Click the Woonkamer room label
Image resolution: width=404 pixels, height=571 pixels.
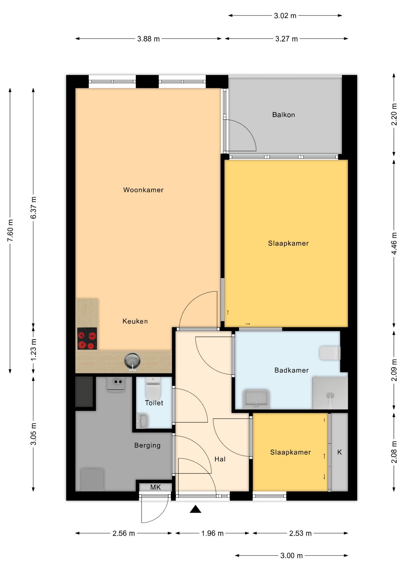click(x=143, y=190)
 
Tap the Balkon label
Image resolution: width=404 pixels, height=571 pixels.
click(x=284, y=115)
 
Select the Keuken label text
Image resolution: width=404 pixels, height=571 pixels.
click(x=135, y=321)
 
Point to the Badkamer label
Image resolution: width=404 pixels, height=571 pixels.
click(x=292, y=370)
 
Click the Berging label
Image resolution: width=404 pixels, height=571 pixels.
click(x=147, y=445)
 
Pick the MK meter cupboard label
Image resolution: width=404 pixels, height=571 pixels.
click(x=156, y=487)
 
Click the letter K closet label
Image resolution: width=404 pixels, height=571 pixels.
click(x=339, y=452)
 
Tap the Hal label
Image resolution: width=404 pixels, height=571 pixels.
click(x=220, y=459)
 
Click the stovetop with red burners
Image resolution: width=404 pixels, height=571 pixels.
click(x=87, y=338)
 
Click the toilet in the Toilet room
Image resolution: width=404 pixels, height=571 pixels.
click(x=153, y=388)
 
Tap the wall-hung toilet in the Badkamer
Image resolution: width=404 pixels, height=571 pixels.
click(x=330, y=353)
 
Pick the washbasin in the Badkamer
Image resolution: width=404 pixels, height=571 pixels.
click(x=256, y=399)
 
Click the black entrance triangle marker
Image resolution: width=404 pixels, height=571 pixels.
click(x=195, y=509)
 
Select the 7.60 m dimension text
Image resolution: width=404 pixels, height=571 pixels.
click(x=10, y=230)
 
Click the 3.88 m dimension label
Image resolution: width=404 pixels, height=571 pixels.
click(x=148, y=39)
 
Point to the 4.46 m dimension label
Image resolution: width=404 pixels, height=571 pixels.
click(x=394, y=243)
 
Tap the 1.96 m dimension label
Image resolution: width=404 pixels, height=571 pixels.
click(x=212, y=533)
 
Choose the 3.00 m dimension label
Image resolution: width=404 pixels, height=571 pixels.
click(x=292, y=556)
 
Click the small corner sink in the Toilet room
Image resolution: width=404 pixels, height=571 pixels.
click(x=143, y=421)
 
